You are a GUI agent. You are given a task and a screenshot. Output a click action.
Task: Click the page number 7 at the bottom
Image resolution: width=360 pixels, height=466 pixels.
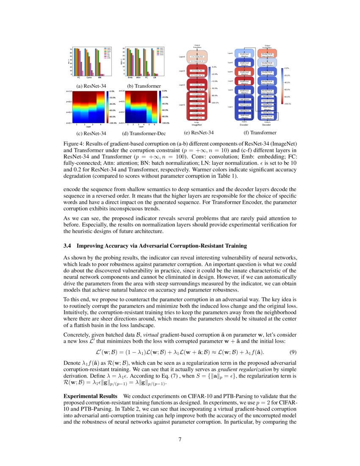point(180,439)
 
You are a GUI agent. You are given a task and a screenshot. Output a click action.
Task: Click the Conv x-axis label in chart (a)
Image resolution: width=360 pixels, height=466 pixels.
point(89,78)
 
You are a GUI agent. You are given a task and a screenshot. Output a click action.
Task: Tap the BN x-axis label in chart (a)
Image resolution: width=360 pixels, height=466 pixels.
point(100,78)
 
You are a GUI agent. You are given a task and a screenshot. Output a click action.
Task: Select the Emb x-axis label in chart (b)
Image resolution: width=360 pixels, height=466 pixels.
point(128,78)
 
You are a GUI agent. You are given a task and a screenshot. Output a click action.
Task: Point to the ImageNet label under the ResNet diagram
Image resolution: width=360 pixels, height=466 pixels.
point(197,125)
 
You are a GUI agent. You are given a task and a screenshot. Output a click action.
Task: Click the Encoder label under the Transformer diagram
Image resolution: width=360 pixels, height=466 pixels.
point(244,125)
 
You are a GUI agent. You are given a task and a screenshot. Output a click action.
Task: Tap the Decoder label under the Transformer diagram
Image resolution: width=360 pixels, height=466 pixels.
point(267,125)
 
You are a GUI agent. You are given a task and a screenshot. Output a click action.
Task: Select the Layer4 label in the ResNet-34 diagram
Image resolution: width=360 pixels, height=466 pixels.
point(183,56)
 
